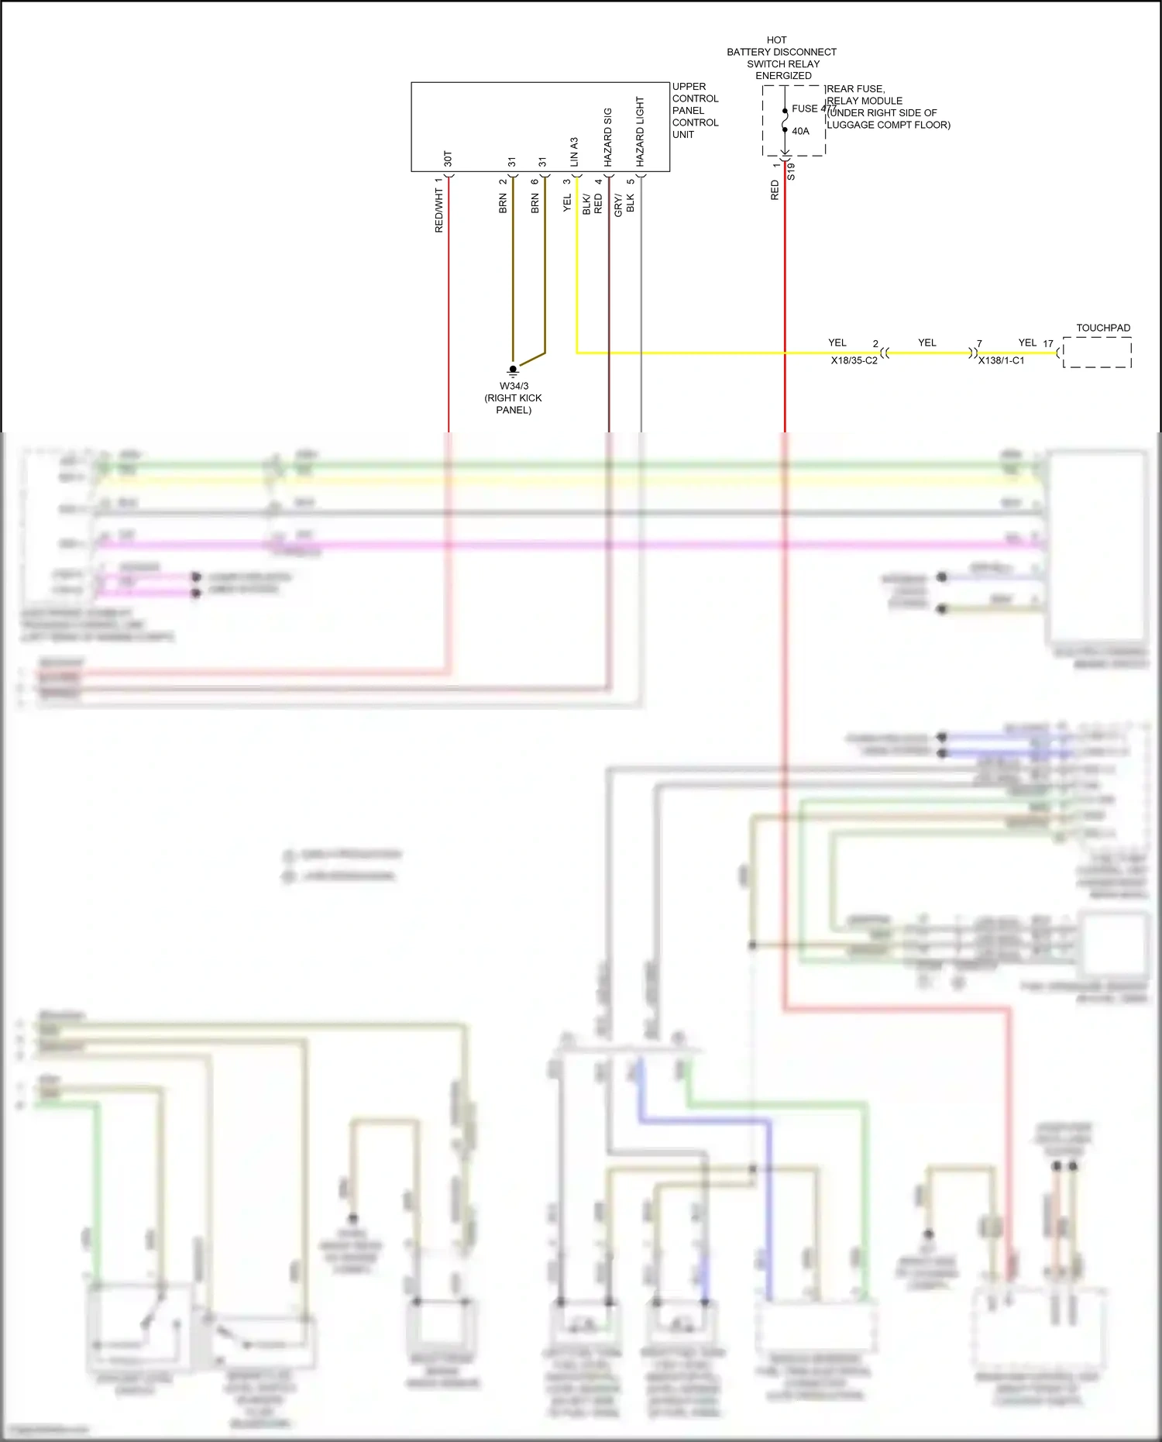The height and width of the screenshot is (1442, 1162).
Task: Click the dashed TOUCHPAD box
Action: click(1097, 353)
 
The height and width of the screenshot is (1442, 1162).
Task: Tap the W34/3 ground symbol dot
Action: click(513, 370)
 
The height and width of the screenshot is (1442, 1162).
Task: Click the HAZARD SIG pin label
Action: click(608, 137)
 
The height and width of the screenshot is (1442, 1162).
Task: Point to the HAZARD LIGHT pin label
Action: click(640, 131)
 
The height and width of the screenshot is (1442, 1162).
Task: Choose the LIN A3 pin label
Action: click(574, 152)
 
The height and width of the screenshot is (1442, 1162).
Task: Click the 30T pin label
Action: click(448, 159)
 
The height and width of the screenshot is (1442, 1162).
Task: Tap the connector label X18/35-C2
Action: click(854, 361)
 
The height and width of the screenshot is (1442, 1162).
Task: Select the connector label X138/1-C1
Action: click(1001, 361)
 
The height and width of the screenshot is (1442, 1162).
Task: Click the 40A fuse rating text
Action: click(800, 132)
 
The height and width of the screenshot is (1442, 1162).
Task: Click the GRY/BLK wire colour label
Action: click(624, 204)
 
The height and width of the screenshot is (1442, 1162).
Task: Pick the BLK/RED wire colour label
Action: click(592, 204)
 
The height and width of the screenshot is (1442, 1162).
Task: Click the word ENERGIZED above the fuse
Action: click(783, 76)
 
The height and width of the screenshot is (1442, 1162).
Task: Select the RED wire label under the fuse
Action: click(775, 191)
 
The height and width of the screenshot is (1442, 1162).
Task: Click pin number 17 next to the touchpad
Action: click(1048, 344)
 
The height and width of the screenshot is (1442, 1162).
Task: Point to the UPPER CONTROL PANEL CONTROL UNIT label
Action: click(695, 111)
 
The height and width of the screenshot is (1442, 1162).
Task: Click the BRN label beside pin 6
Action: click(535, 204)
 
